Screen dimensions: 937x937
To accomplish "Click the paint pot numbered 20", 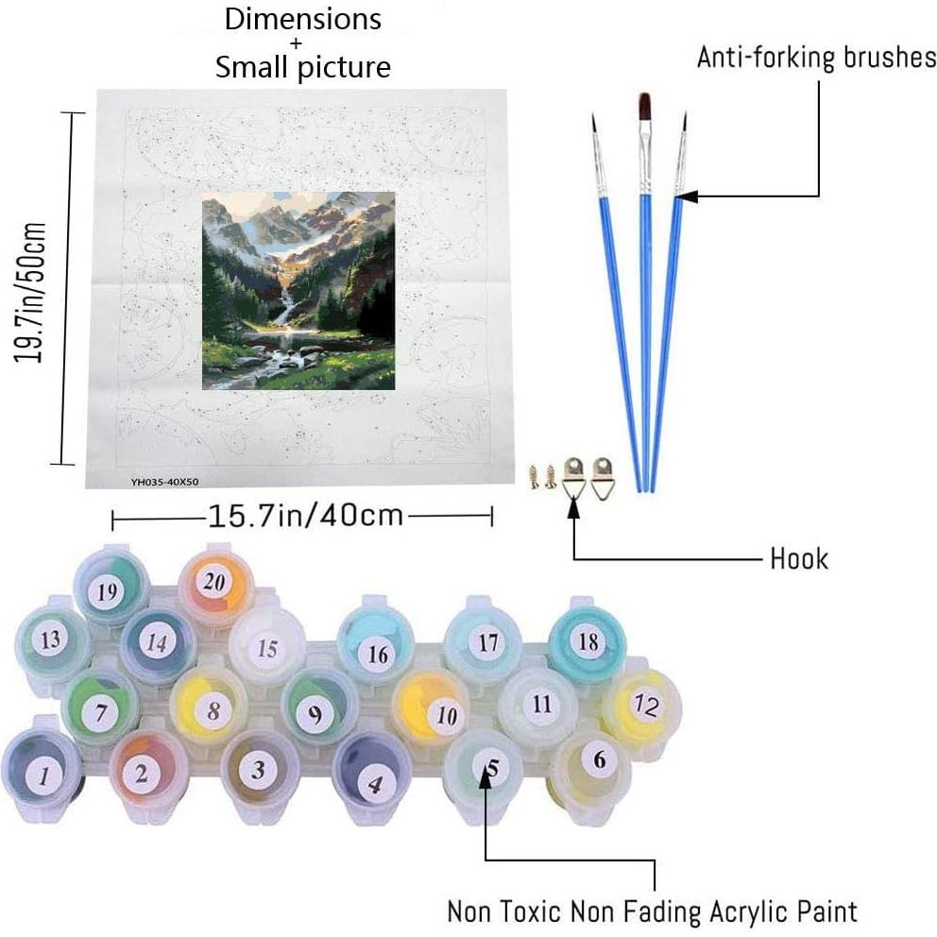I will pos(214,583).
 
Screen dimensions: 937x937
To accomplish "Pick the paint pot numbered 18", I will pos(588,642).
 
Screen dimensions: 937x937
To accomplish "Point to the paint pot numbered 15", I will pos(267,649).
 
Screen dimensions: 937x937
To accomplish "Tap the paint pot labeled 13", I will pos(50,639).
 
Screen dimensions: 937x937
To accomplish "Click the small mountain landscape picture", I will pos(298,291).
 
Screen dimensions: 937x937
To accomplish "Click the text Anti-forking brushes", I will pos(816,57).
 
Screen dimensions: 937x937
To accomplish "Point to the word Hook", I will pos(799,558).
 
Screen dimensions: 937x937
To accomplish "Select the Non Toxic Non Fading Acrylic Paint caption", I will pos(652,911).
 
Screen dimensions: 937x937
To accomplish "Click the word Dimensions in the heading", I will pos(302,20).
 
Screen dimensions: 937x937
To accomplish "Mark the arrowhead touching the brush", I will pos(688,196).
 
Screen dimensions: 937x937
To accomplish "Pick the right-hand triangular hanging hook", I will pos(601,479).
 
